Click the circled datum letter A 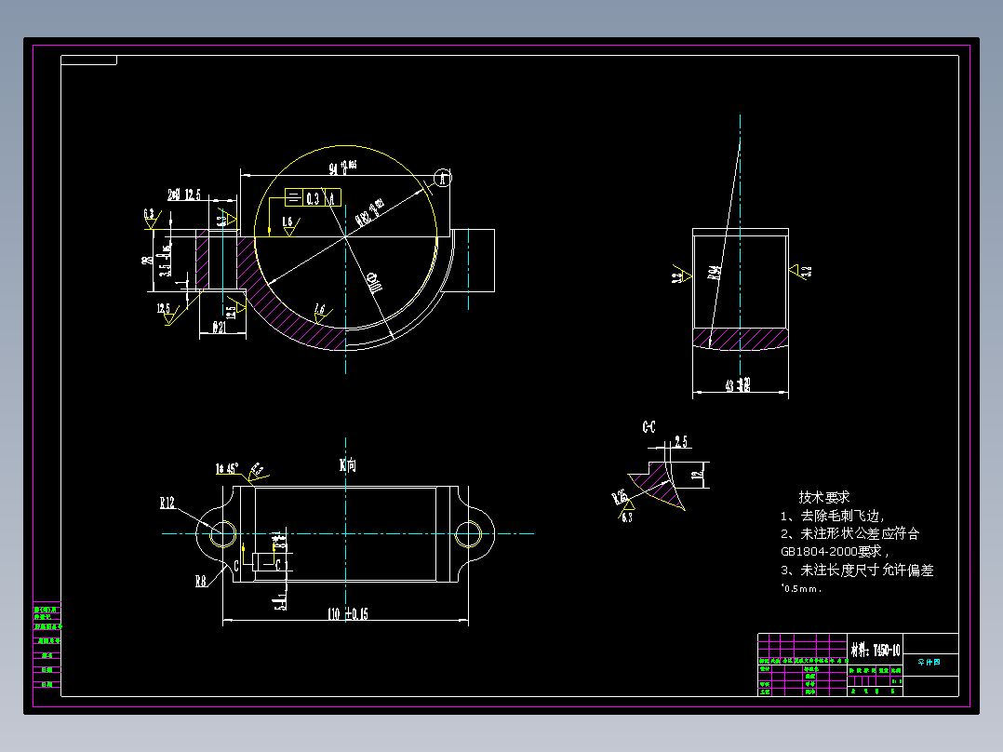click(444, 178)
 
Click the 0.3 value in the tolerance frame click(314, 198)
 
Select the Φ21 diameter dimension click(221, 328)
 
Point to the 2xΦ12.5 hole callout click(184, 195)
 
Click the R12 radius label click(167, 504)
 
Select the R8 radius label click(200, 582)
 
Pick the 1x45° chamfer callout click(227, 468)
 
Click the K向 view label click(348, 464)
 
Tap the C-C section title click(649, 427)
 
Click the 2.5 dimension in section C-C click(680, 441)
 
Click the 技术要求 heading click(823, 498)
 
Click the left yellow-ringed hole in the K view click(223, 533)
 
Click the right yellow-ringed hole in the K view click(469, 534)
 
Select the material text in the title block click(875, 648)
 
